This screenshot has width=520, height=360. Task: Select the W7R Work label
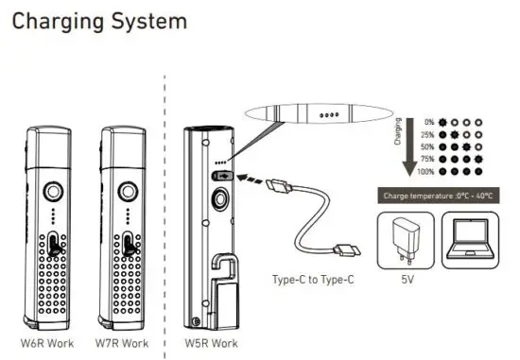pyautogui.click(x=123, y=342)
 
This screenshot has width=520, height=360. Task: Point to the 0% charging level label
pyautogui.click(x=429, y=121)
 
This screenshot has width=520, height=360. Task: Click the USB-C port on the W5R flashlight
pyautogui.click(x=222, y=175)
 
